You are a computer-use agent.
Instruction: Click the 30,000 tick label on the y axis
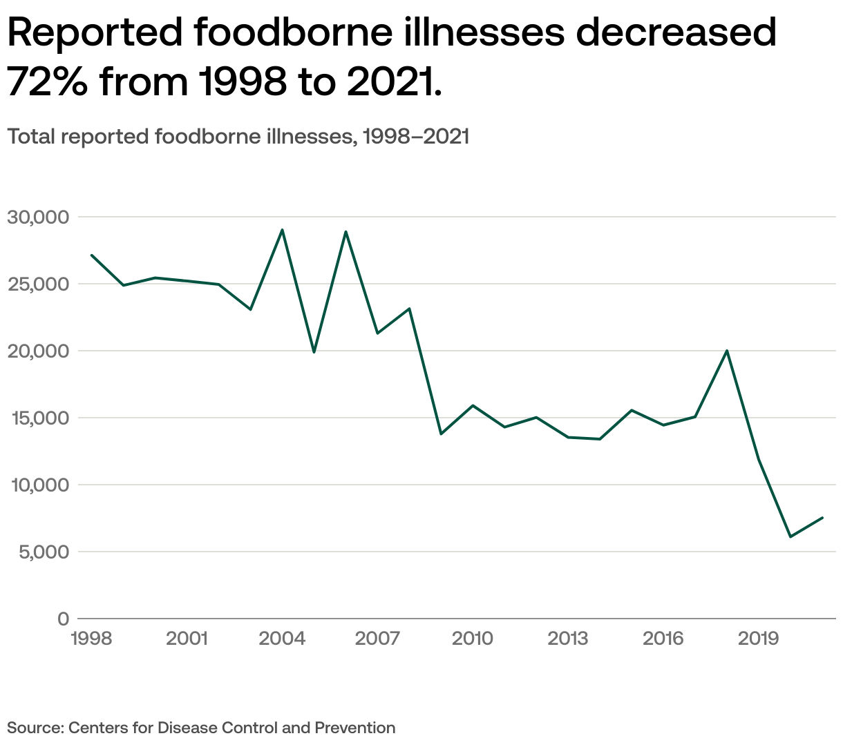[38, 217]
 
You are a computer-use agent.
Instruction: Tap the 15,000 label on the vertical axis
[38, 418]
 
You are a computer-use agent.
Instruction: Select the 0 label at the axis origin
[64, 619]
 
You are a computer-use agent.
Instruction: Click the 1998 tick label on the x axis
[91, 639]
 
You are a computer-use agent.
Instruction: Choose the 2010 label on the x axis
[473, 639]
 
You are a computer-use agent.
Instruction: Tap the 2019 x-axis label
[759, 639]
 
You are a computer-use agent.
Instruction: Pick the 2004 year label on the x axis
[282, 639]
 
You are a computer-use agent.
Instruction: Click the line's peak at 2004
[282, 230]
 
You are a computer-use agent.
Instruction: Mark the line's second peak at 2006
[345, 232]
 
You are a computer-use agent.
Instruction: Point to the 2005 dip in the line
[314, 352]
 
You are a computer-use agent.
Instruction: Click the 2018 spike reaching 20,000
[727, 351]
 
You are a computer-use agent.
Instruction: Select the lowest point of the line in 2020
[790, 536]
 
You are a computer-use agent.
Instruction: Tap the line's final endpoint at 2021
[822, 518]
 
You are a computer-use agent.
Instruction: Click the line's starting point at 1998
[91, 255]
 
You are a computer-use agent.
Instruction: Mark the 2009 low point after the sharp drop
[441, 434]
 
